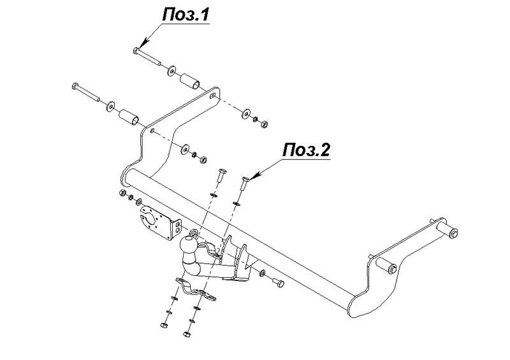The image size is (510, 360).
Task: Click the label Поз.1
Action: pos(186,15)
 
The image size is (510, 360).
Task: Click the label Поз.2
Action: pos(306,150)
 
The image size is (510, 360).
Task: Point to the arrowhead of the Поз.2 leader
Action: pos(254,176)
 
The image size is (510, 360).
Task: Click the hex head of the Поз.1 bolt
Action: pos(136,50)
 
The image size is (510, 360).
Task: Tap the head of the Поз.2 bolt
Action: pos(245,179)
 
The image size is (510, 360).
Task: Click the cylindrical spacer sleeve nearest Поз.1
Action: pos(190,81)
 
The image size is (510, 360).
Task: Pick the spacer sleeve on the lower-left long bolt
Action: pos(129,117)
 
